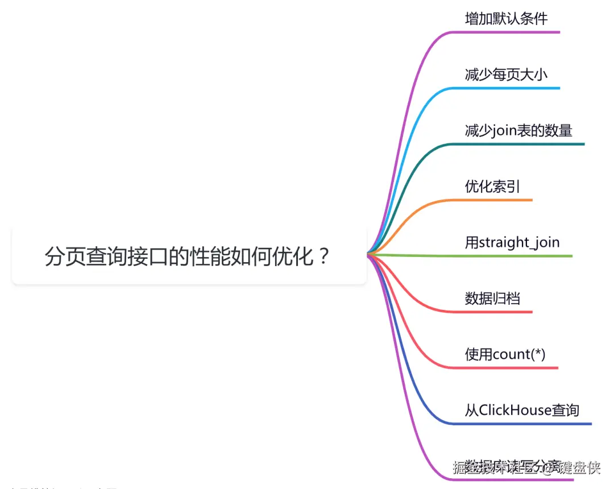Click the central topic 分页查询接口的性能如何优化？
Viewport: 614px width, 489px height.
pyautogui.click(x=188, y=256)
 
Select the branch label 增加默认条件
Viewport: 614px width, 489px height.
pyautogui.click(x=506, y=19)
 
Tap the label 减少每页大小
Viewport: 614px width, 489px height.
pyautogui.click(x=506, y=74)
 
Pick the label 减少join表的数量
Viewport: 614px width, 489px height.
pyautogui.click(x=518, y=131)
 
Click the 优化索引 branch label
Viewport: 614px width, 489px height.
pyautogui.click(x=492, y=187)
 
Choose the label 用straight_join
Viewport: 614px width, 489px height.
pyautogui.click(x=512, y=243)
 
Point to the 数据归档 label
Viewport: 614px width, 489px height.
pyautogui.click(x=492, y=298)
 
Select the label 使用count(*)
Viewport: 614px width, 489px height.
pyautogui.click(x=505, y=354)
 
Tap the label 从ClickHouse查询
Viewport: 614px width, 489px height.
pyautogui.click(x=522, y=410)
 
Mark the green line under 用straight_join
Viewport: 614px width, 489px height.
pyautogui.click(x=512, y=256)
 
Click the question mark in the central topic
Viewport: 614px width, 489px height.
pyautogui.click(x=323, y=256)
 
